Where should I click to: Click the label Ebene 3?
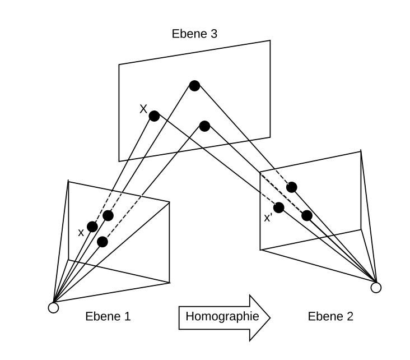click(194, 34)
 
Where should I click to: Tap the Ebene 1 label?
click(108, 316)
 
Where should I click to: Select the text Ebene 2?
click(330, 316)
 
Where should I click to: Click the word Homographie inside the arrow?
click(222, 316)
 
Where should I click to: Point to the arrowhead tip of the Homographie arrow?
click(270, 317)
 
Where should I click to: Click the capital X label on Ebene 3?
click(143, 109)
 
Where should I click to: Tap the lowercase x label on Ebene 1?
click(81, 232)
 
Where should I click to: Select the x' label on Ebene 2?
click(268, 218)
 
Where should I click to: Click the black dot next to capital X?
click(154, 116)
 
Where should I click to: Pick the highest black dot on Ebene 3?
click(194, 86)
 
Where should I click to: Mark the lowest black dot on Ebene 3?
click(204, 126)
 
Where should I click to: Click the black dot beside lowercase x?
click(92, 227)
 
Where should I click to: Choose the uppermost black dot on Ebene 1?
click(108, 215)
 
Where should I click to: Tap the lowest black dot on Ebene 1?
click(102, 242)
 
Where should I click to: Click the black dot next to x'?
click(278, 207)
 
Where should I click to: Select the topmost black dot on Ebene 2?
click(291, 187)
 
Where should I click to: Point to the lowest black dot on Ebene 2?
click(306, 215)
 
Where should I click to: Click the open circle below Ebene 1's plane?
click(53, 307)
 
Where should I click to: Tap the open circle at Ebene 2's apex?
click(376, 288)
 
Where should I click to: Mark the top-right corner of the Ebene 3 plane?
click(270, 40)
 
